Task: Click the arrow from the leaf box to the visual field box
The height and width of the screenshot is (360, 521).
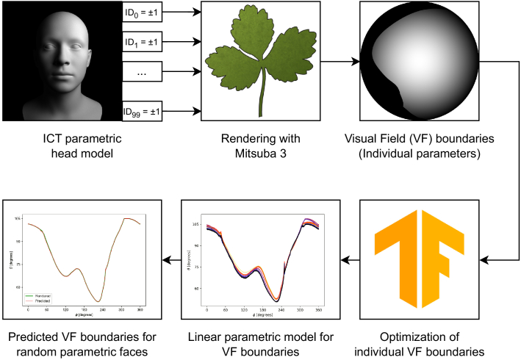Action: pyautogui.click(x=339, y=62)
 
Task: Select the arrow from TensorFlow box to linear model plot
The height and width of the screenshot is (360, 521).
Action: pyautogui.click(x=349, y=259)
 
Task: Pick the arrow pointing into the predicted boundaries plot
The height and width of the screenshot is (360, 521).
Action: pyautogui.click(x=170, y=259)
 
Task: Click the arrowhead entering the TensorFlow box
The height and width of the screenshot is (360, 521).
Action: pyautogui.click(x=493, y=259)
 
